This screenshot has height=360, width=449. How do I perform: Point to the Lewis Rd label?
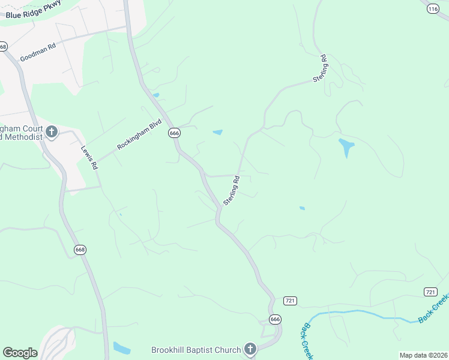point(89,158)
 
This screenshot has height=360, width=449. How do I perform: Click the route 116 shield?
point(433,8)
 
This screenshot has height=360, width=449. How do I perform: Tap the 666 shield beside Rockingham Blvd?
point(174,133)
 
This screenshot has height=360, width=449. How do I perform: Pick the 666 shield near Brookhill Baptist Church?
point(274,319)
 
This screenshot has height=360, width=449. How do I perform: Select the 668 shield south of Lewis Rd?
point(80,249)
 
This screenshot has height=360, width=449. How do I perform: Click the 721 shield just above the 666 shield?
point(291,300)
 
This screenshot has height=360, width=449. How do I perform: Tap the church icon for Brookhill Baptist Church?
point(250,349)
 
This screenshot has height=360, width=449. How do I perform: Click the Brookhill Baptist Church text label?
point(195,349)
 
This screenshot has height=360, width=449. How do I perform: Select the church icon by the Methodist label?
point(52,132)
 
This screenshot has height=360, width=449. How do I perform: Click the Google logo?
point(20,353)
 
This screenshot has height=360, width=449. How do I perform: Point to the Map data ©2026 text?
point(423,355)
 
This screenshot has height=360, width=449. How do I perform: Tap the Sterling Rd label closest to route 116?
point(319,69)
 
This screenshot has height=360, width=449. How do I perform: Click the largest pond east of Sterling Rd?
point(346,146)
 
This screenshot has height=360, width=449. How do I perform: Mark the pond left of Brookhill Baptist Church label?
point(121,348)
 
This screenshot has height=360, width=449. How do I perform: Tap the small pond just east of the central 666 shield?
point(217,132)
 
